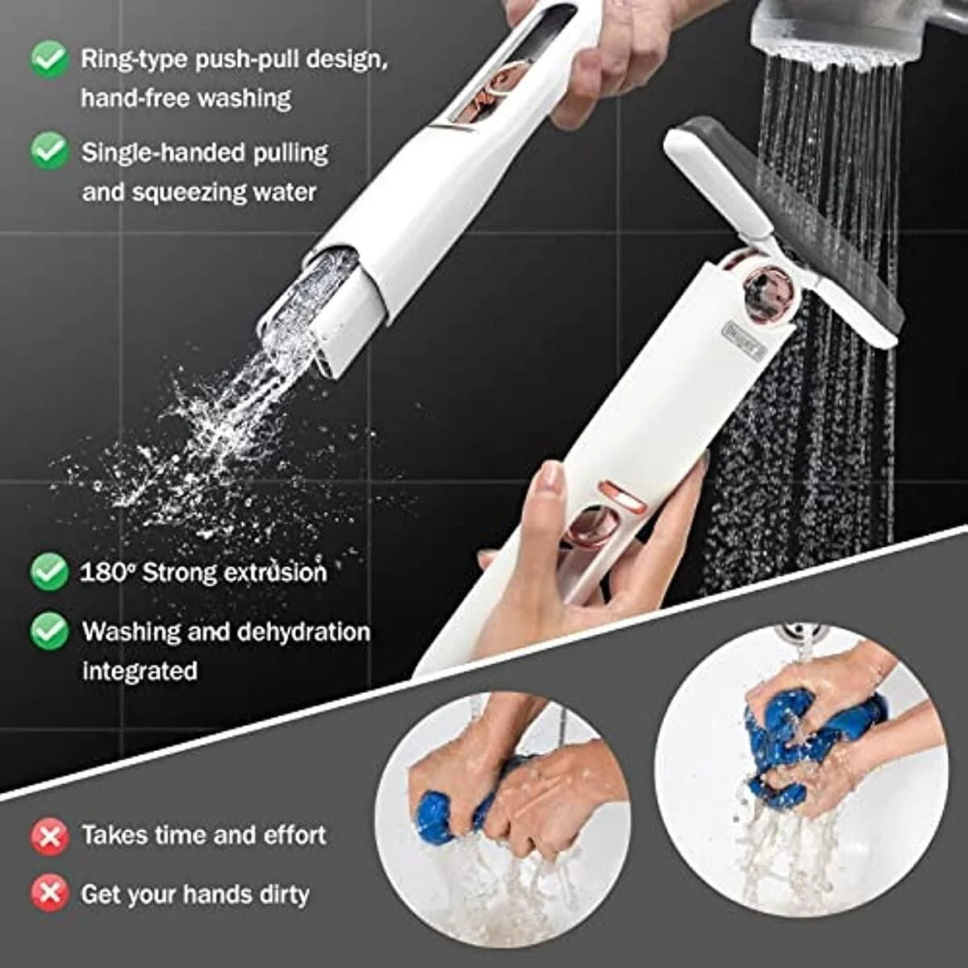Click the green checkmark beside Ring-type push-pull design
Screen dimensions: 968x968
tap(49, 59)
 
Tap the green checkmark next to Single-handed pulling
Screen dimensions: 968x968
tap(49, 152)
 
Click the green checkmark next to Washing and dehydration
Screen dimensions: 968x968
tap(49, 631)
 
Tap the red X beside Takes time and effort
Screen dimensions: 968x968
tap(49, 836)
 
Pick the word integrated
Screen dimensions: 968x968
tap(140, 671)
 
